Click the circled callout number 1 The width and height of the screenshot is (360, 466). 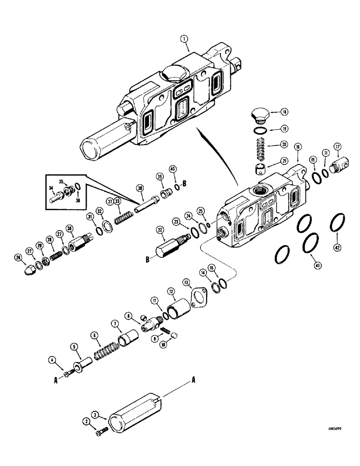(186, 46)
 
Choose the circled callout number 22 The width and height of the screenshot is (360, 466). (160, 231)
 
